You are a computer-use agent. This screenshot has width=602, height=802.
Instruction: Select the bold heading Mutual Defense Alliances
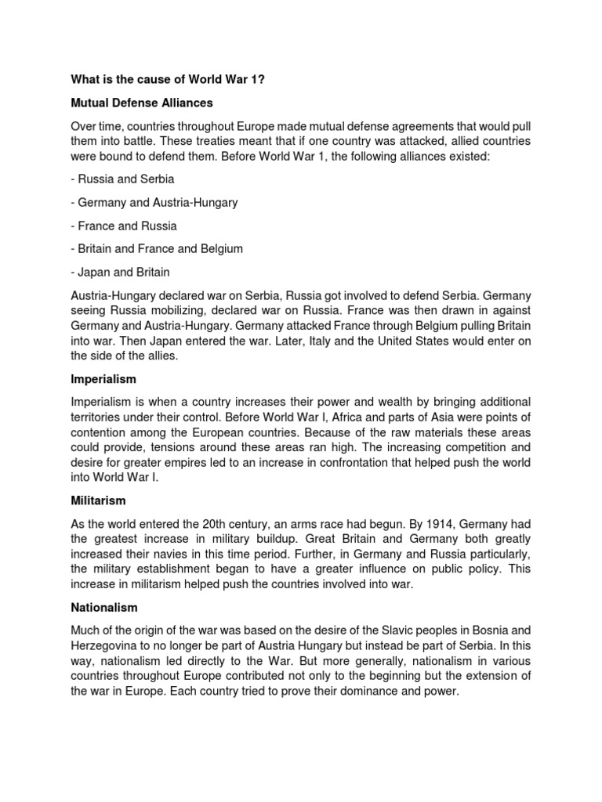tap(142, 103)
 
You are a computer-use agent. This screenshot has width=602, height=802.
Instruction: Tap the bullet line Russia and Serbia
tap(122, 179)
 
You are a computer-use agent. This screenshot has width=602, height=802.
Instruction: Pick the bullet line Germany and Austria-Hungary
tap(154, 202)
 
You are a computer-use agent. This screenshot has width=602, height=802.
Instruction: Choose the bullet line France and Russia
tap(124, 226)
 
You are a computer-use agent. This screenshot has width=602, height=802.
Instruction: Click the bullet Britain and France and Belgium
tap(157, 248)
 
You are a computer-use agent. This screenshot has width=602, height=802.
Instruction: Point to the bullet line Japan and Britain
tap(120, 272)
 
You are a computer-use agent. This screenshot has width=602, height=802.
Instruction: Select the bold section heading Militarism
tap(98, 500)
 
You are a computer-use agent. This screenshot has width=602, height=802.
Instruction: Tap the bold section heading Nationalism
tap(104, 607)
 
